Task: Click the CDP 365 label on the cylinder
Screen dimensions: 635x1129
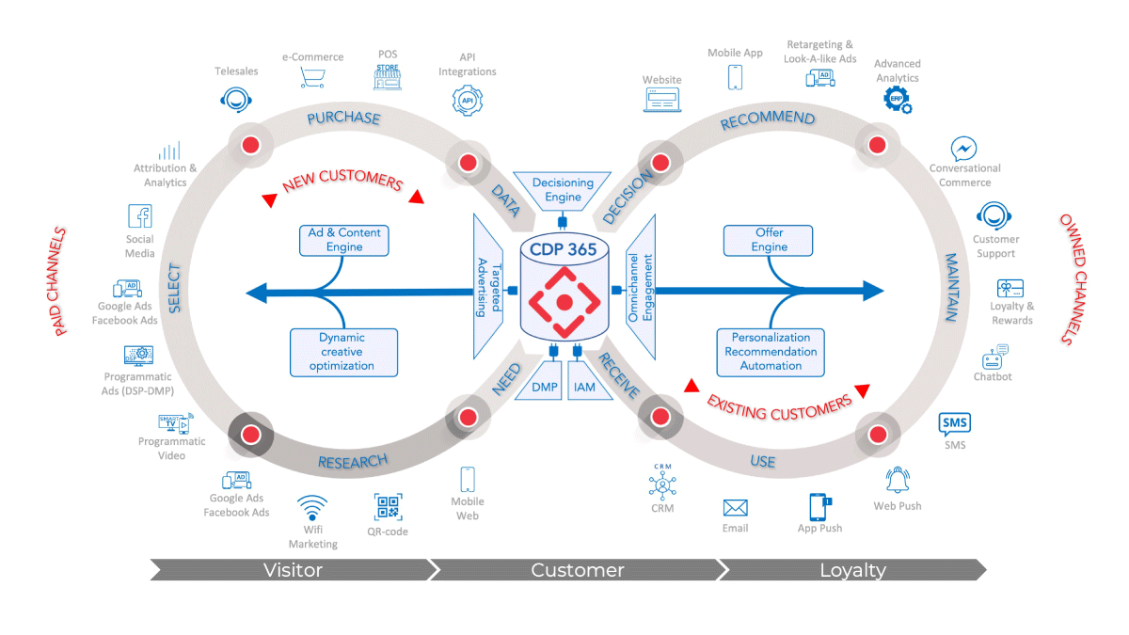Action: (564, 251)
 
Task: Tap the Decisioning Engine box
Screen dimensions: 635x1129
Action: (563, 190)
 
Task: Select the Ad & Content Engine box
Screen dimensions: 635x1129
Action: (344, 240)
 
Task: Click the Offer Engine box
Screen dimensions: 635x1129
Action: (769, 240)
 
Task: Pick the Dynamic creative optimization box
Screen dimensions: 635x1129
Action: (344, 351)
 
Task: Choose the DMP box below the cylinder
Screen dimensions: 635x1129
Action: (545, 387)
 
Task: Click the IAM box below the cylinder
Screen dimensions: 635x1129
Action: (584, 387)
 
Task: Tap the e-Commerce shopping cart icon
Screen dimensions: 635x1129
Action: (311, 77)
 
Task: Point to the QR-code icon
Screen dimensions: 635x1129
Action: (388, 507)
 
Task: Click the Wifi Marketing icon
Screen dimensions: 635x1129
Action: (312, 509)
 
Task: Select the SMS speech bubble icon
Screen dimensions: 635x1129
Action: (954, 424)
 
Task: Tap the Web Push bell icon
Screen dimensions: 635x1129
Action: (897, 480)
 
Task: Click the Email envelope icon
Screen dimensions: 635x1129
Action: (735, 508)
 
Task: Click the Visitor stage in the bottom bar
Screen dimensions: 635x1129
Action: (293, 570)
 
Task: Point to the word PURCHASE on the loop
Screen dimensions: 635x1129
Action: (343, 119)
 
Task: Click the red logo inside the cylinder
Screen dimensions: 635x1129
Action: (564, 302)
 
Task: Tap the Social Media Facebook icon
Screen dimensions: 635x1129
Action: (140, 216)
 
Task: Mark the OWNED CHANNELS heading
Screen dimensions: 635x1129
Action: (1080, 278)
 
